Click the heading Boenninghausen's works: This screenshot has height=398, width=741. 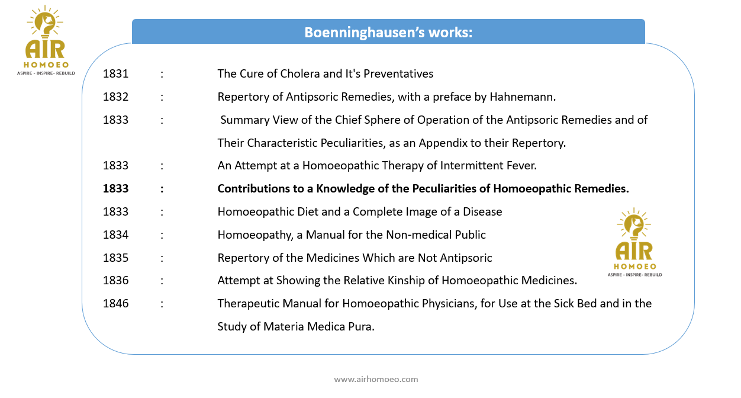pos(388,32)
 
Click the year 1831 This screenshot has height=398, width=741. pos(115,74)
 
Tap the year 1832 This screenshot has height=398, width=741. pos(115,97)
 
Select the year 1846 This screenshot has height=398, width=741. pos(115,303)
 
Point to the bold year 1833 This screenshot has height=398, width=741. pos(115,189)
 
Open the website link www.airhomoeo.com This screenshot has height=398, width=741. pos(376,379)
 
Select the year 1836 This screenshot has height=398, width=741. pos(115,280)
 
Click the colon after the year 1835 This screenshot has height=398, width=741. pos(162,258)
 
